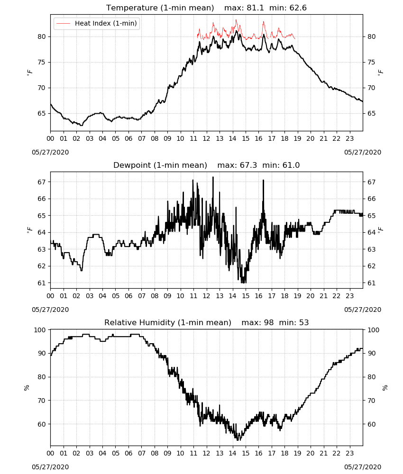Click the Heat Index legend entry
point(97,23)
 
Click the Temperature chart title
point(160,8)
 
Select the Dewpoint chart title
point(160,165)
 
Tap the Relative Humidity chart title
point(168,322)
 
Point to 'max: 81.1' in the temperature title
point(244,8)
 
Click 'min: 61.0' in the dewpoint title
point(281,165)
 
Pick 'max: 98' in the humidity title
point(257,322)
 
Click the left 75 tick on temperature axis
point(42,62)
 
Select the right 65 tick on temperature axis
point(371,113)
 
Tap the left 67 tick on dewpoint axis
point(42,182)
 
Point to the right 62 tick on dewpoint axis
point(371,266)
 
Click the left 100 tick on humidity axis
point(40,330)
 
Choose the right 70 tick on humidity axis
point(371,401)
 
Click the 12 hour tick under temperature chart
point(207,139)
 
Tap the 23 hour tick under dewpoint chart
point(349,296)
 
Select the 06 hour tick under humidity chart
point(128,454)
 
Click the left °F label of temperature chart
point(29,73)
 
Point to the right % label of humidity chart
point(385,388)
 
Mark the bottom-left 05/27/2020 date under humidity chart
point(50,467)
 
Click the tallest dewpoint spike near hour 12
point(213,177)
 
